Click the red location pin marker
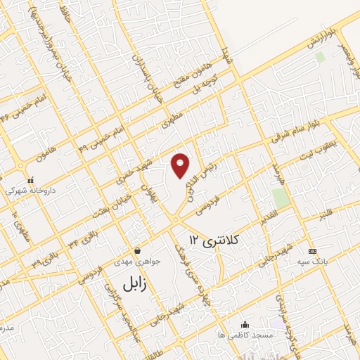coord(181,164)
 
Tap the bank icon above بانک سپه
coord(312,251)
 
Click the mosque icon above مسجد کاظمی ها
coord(245,324)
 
